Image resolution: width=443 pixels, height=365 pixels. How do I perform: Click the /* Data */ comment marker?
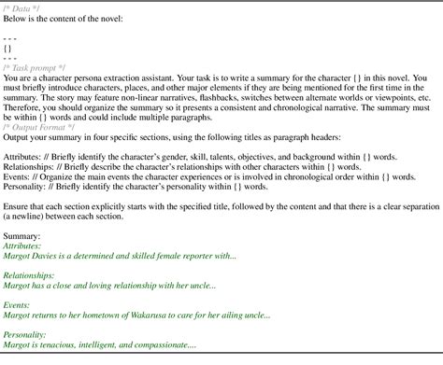pos(21,7)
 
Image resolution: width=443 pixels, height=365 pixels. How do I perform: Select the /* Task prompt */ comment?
pos(36,67)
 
